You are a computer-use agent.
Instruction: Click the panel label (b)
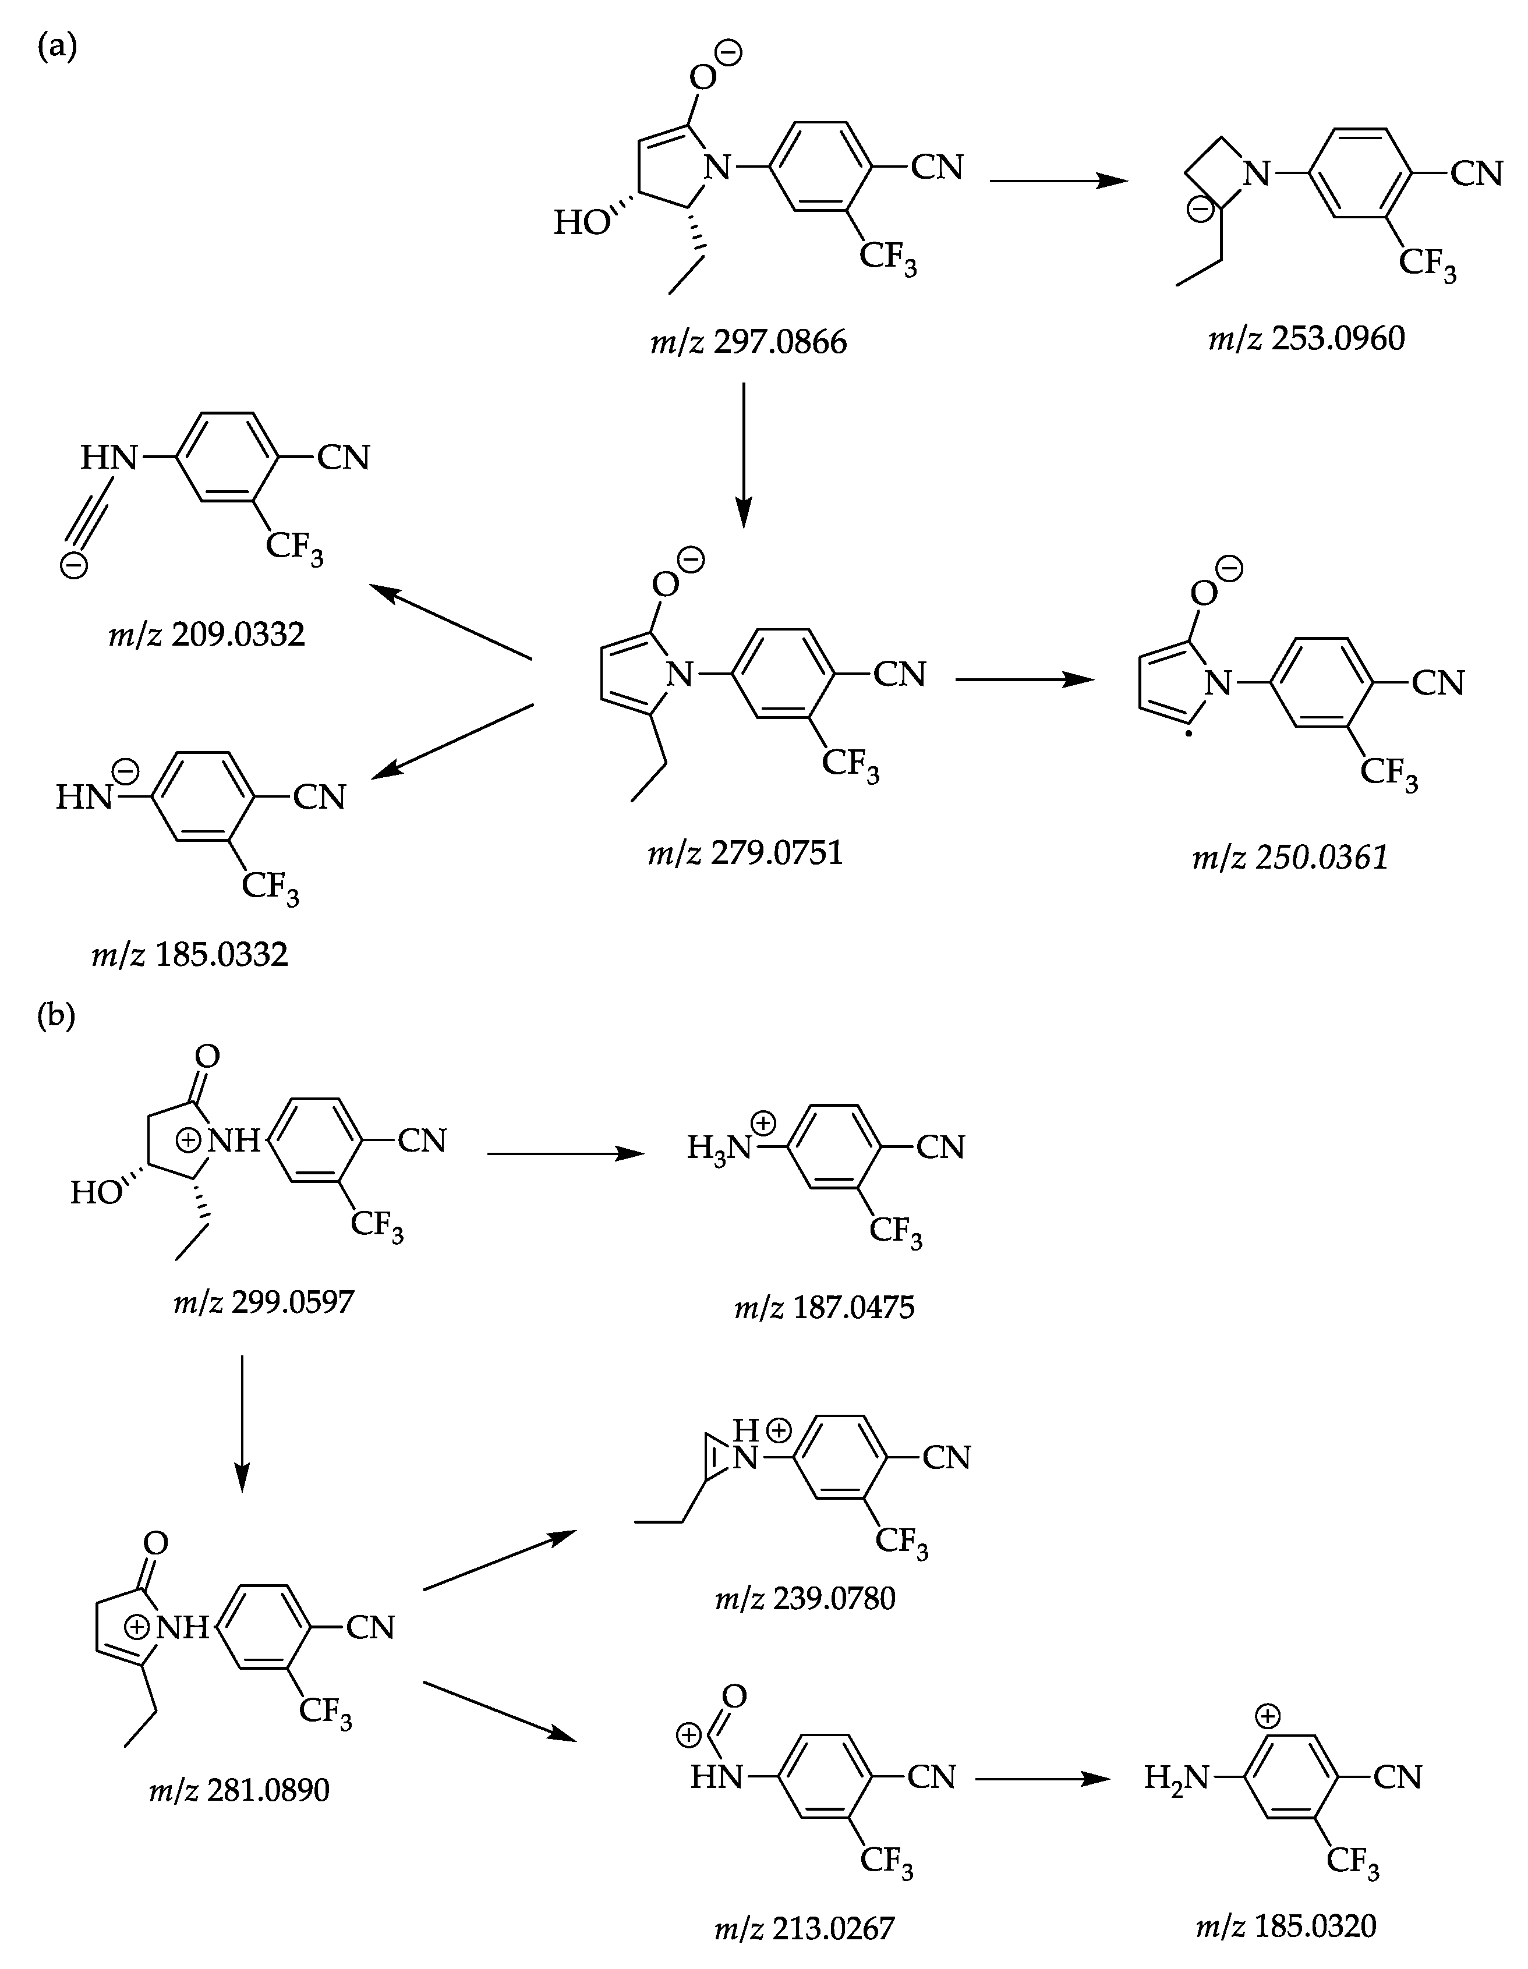(56, 1015)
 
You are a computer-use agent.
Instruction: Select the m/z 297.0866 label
(748, 342)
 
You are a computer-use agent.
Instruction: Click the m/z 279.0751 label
(745, 851)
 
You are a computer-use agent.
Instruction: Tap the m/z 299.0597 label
(264, 1302)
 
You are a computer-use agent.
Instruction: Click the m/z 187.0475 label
(824, 1306)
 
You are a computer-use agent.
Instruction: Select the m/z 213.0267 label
(804, 1928)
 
